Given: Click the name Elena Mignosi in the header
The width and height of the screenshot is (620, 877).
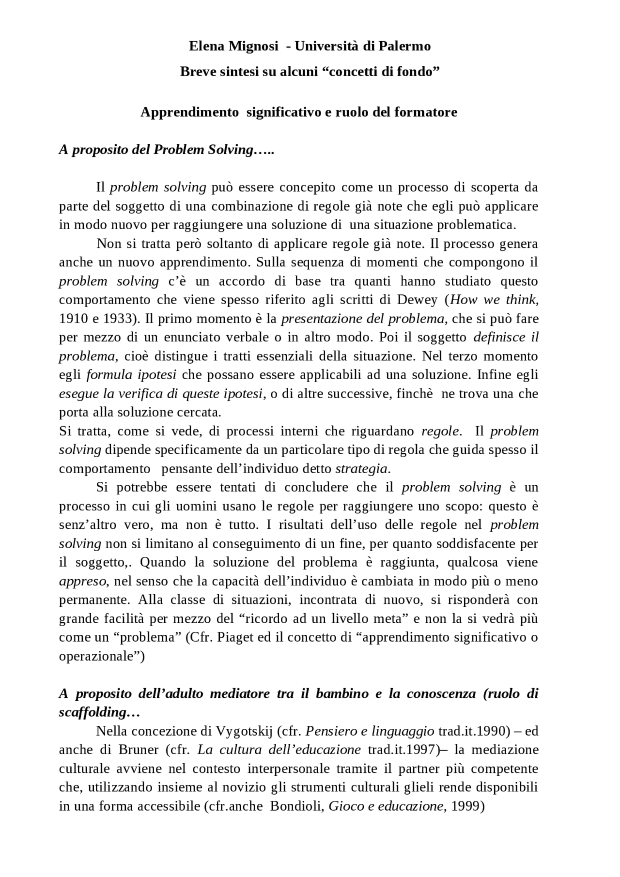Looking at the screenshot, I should (x=233, y=46).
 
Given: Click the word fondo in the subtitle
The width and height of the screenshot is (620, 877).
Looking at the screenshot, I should (x=418, y=72).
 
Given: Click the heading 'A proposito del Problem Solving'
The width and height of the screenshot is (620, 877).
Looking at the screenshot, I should (x=167, y=150).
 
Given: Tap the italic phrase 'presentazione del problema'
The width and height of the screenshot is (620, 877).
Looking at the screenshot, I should (x=362, y=319).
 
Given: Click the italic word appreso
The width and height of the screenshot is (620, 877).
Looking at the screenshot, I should (x=82, y=582).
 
